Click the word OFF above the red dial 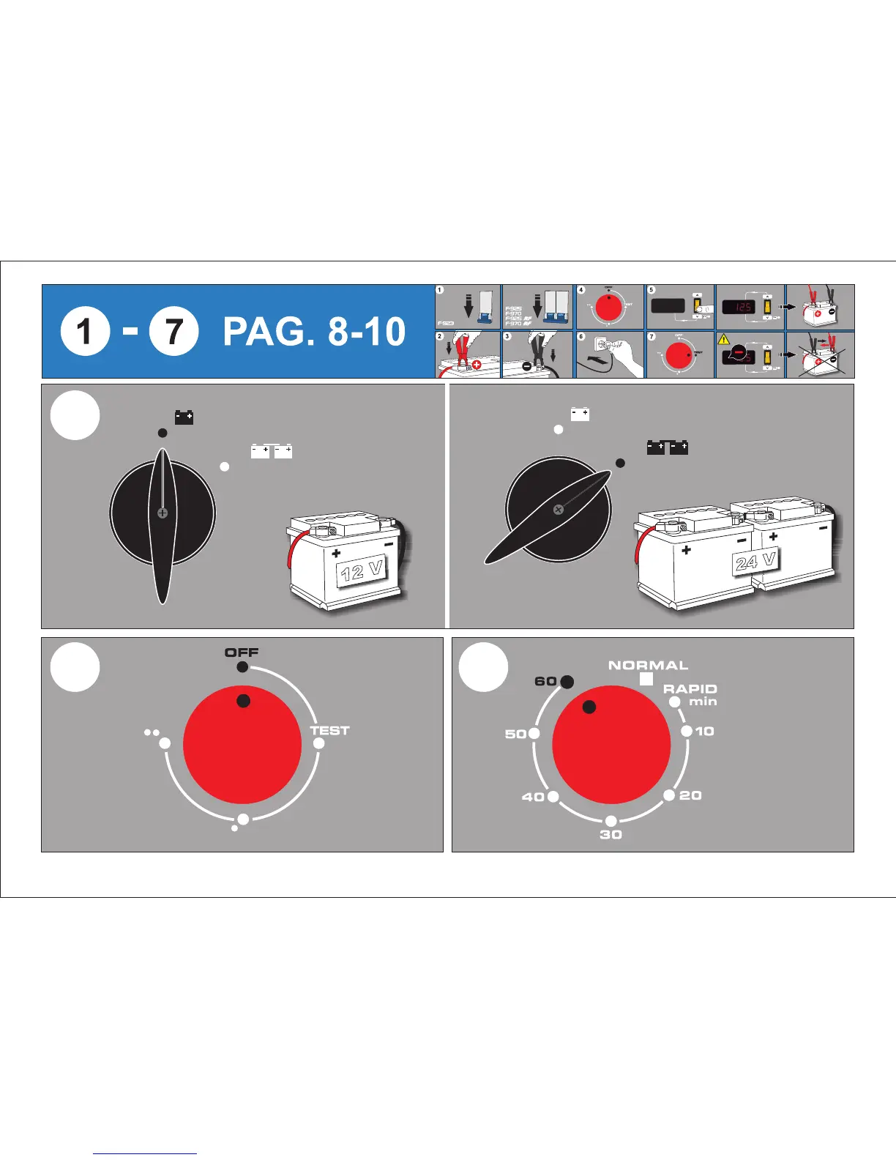(242, 652)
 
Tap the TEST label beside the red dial (329, 730)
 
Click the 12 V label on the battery (362, 569)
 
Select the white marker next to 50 (534, 733)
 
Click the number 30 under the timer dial (611, 835)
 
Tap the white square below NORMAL (646, 680)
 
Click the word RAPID (690, 689)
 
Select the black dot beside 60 (567, 682)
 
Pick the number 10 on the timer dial (704, 731)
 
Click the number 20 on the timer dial (690, 795)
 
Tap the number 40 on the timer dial (533, 797)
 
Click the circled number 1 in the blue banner (86, 332)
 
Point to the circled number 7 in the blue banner (173, 332)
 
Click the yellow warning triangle (724, 340)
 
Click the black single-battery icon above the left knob (184, 417)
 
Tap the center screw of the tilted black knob (558, 510)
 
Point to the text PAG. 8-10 (313, 332)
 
